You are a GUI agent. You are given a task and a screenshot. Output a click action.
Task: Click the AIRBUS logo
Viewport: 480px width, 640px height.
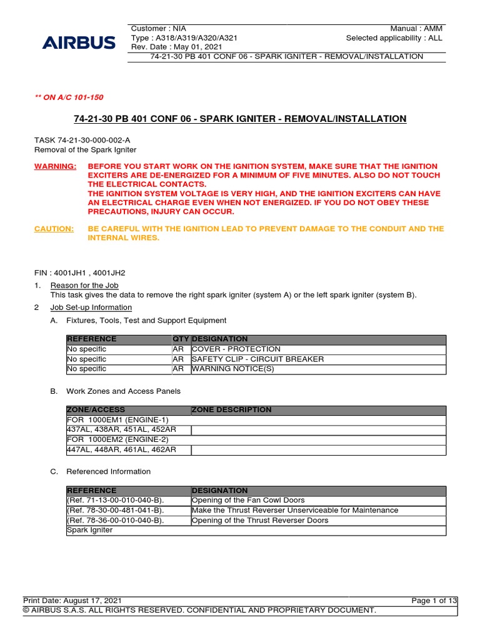point(79,42)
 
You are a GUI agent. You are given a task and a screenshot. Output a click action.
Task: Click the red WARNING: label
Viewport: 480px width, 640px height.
point(55,167)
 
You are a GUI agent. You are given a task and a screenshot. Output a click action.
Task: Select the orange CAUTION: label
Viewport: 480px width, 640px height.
point(53,229)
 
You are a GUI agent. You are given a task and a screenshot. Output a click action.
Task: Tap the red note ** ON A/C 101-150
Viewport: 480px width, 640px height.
point(69,97)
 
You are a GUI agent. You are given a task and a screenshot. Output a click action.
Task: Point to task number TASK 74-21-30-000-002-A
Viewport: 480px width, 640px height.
point(82,141)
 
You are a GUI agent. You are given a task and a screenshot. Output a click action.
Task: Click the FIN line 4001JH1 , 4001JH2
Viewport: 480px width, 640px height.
point(83,273)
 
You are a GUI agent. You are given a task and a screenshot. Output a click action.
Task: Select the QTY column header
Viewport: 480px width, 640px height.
point(181,339)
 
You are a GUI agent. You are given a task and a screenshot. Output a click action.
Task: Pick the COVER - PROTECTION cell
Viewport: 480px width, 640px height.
point(236,349)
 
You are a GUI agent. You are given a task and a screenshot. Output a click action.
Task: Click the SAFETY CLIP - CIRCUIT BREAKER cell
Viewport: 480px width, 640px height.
point(257,359)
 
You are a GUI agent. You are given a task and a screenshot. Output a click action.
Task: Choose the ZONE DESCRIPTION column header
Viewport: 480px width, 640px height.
point(231,410)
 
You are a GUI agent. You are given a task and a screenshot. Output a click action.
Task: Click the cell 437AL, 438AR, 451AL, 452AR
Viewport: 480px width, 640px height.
point(121,430)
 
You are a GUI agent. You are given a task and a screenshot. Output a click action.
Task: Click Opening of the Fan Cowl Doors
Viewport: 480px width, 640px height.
point(248,501)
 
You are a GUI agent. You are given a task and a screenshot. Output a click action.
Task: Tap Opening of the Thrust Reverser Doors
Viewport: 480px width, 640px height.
point(259,521)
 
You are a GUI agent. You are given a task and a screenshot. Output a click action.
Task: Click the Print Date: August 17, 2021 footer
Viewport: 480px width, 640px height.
point(68,601)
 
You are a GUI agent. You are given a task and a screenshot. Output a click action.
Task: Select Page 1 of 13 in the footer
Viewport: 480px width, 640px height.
point(434,601)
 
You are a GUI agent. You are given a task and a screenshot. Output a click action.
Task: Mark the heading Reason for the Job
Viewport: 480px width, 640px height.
point(84,286)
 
